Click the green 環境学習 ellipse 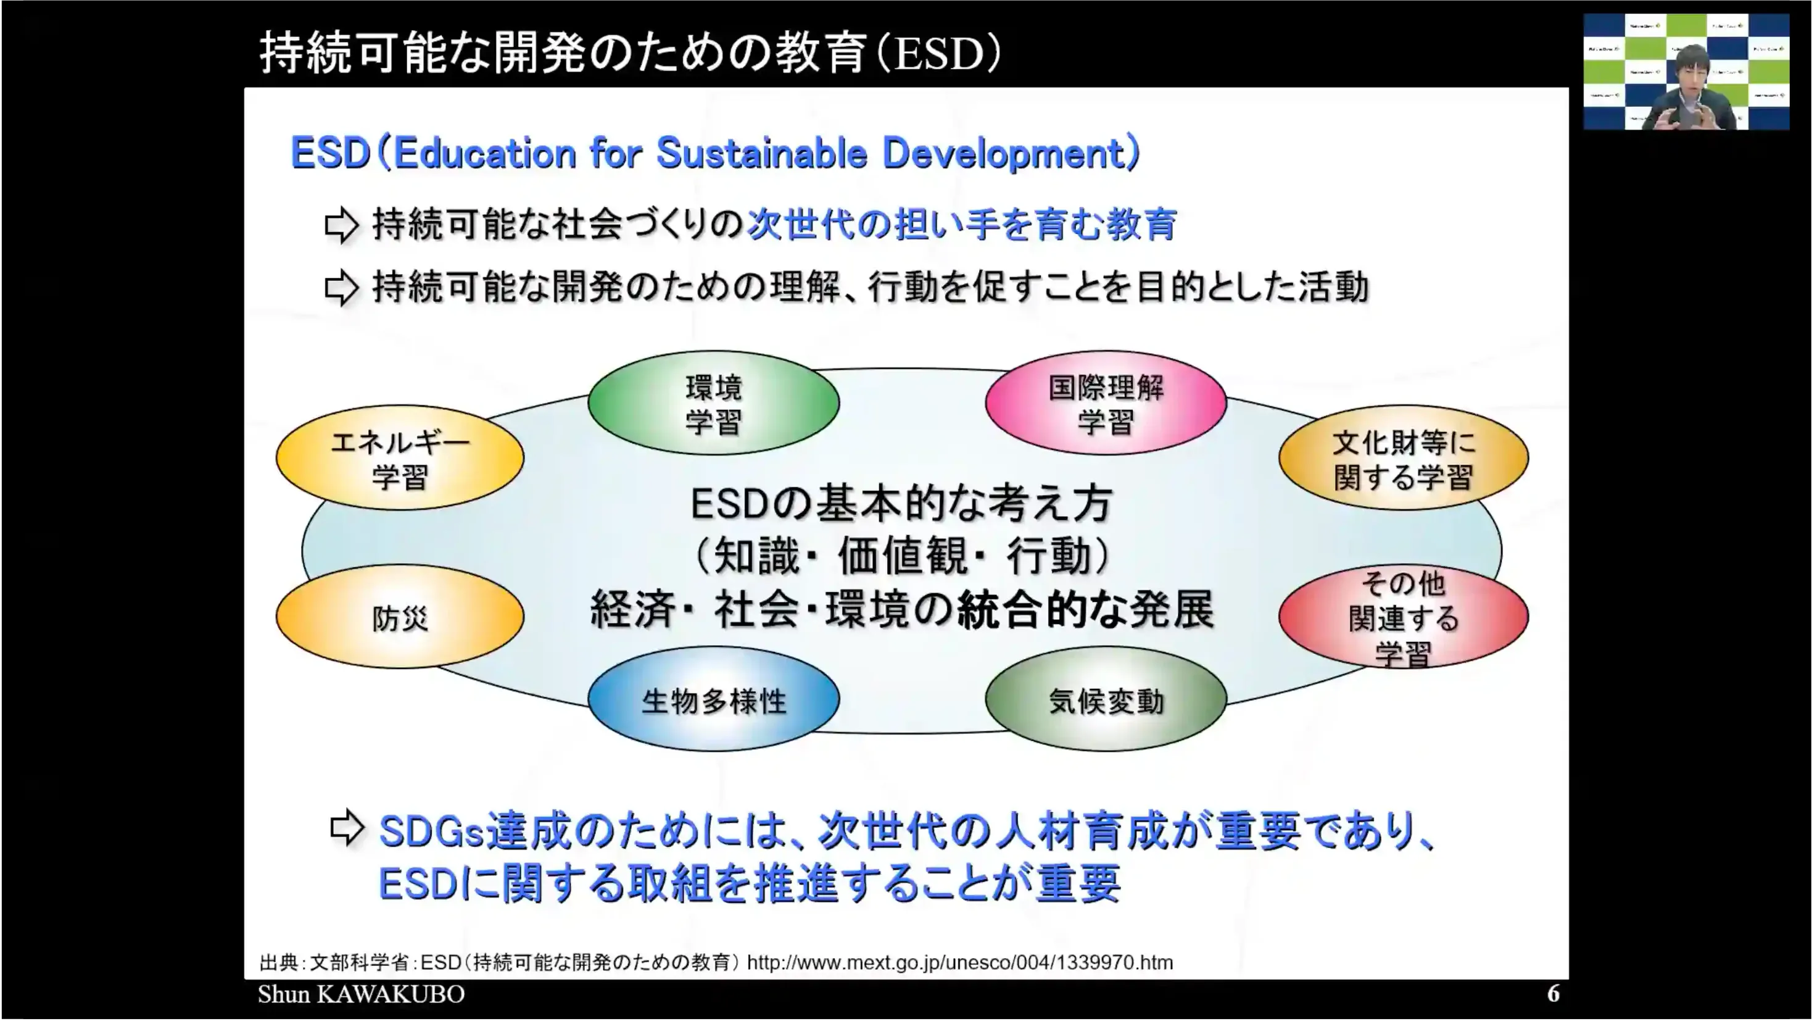(713, 404)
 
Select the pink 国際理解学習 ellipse (1106, 404)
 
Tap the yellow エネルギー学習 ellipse (400, 458)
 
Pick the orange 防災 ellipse (400, 617)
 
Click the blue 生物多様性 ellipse (713, 700)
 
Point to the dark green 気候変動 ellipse (1106, 700)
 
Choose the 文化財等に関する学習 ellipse (1404, 458)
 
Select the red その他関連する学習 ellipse (1404, 617)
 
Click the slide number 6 (1553, 994)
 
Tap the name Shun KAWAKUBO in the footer (361, 994)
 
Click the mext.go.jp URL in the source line (959, 962)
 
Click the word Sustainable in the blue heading (761, 153)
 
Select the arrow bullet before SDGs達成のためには (347, 828)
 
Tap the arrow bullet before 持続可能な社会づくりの (342, 225)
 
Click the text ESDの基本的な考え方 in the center (902, 504)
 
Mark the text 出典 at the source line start (278, 962)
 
